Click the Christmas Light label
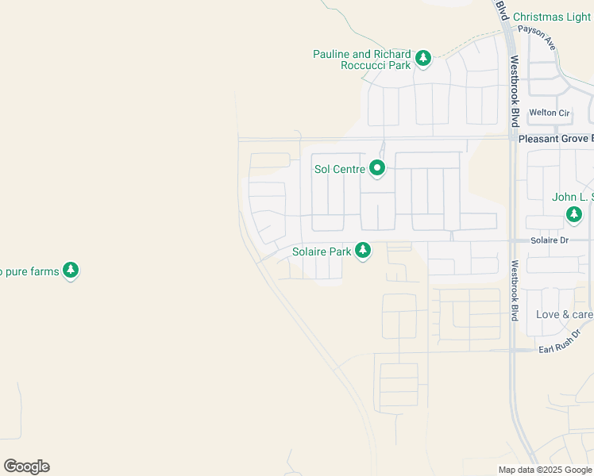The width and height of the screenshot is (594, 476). pyautogui.click(x=552, y=17)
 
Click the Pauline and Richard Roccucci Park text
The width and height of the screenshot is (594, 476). pyautogui.click(x=363, y=59)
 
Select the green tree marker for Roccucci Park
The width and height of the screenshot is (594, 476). pyautogui.click(x=424, y=57)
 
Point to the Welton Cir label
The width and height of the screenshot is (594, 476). pyautogui.click(x=550, y=113)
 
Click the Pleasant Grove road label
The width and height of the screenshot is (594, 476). pyautogui.click(x=555, y=138)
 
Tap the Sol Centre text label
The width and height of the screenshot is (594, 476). pyautogui.click(x=339, y=169)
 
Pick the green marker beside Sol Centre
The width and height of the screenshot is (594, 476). pyautogui.click(x=376, y=168)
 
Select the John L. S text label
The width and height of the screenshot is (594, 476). pyautogui.click(x=573, y=197)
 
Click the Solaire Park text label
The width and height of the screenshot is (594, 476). pyautogui.click(x=322, y=251)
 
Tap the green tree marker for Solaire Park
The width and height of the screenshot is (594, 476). pyautogui.click(x=363, y=251)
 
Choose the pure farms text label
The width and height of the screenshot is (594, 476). pyautogui.click(x=30, y=271)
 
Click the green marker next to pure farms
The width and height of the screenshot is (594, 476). pyautogui.click(x=71, y=271)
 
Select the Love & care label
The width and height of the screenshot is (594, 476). pyautogui.click(x=564, y=314)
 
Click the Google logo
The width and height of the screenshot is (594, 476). pyautogui.click(x=26, y=466)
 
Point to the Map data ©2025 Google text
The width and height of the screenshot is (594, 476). pyautogui.click(x=545, y=470)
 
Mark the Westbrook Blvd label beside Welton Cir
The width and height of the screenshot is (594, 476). pyautogui.click(x=515, y=91)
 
